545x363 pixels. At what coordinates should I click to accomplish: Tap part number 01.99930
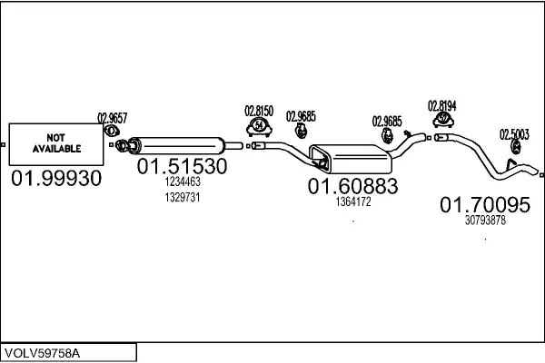[56, 179]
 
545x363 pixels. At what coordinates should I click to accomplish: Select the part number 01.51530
[182, 168]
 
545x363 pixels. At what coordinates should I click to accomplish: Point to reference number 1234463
[182, 182]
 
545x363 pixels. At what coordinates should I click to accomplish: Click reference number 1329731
[182, 197]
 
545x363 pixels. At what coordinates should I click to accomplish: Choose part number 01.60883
[352, 186]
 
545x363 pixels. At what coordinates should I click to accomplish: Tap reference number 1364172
[352, 201]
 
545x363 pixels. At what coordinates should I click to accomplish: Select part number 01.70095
[485, 206]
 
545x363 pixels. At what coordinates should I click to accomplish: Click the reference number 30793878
[485, 221]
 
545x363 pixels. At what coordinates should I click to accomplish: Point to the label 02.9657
[112, 116]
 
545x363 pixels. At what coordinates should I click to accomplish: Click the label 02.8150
[259, 111]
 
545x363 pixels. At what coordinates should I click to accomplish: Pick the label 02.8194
[442, 105]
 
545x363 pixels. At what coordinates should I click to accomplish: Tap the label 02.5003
[513, 133]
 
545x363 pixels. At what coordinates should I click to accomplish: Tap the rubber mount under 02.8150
[259, 125]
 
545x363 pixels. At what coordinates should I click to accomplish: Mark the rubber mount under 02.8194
[442, 120]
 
